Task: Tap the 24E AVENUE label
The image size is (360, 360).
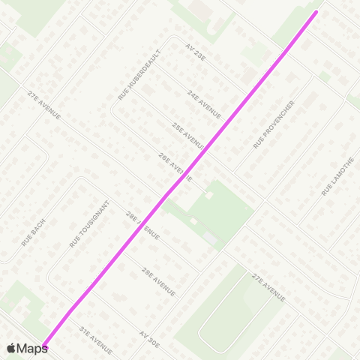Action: pos(205,104)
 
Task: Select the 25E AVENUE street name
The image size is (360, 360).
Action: pos(187,136)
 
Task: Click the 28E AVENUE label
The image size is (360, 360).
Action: pos(142,225)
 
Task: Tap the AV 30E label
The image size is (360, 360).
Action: pos(149,338)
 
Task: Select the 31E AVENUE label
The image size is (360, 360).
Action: pos(95,339)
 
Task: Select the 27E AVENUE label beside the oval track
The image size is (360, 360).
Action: pos(268,288)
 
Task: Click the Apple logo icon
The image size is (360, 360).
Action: pos(11,348)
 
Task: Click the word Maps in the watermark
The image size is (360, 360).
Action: pos(32,348)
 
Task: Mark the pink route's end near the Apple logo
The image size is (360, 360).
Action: pos(44,346)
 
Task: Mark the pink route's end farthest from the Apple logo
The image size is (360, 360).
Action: pos(316,11)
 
